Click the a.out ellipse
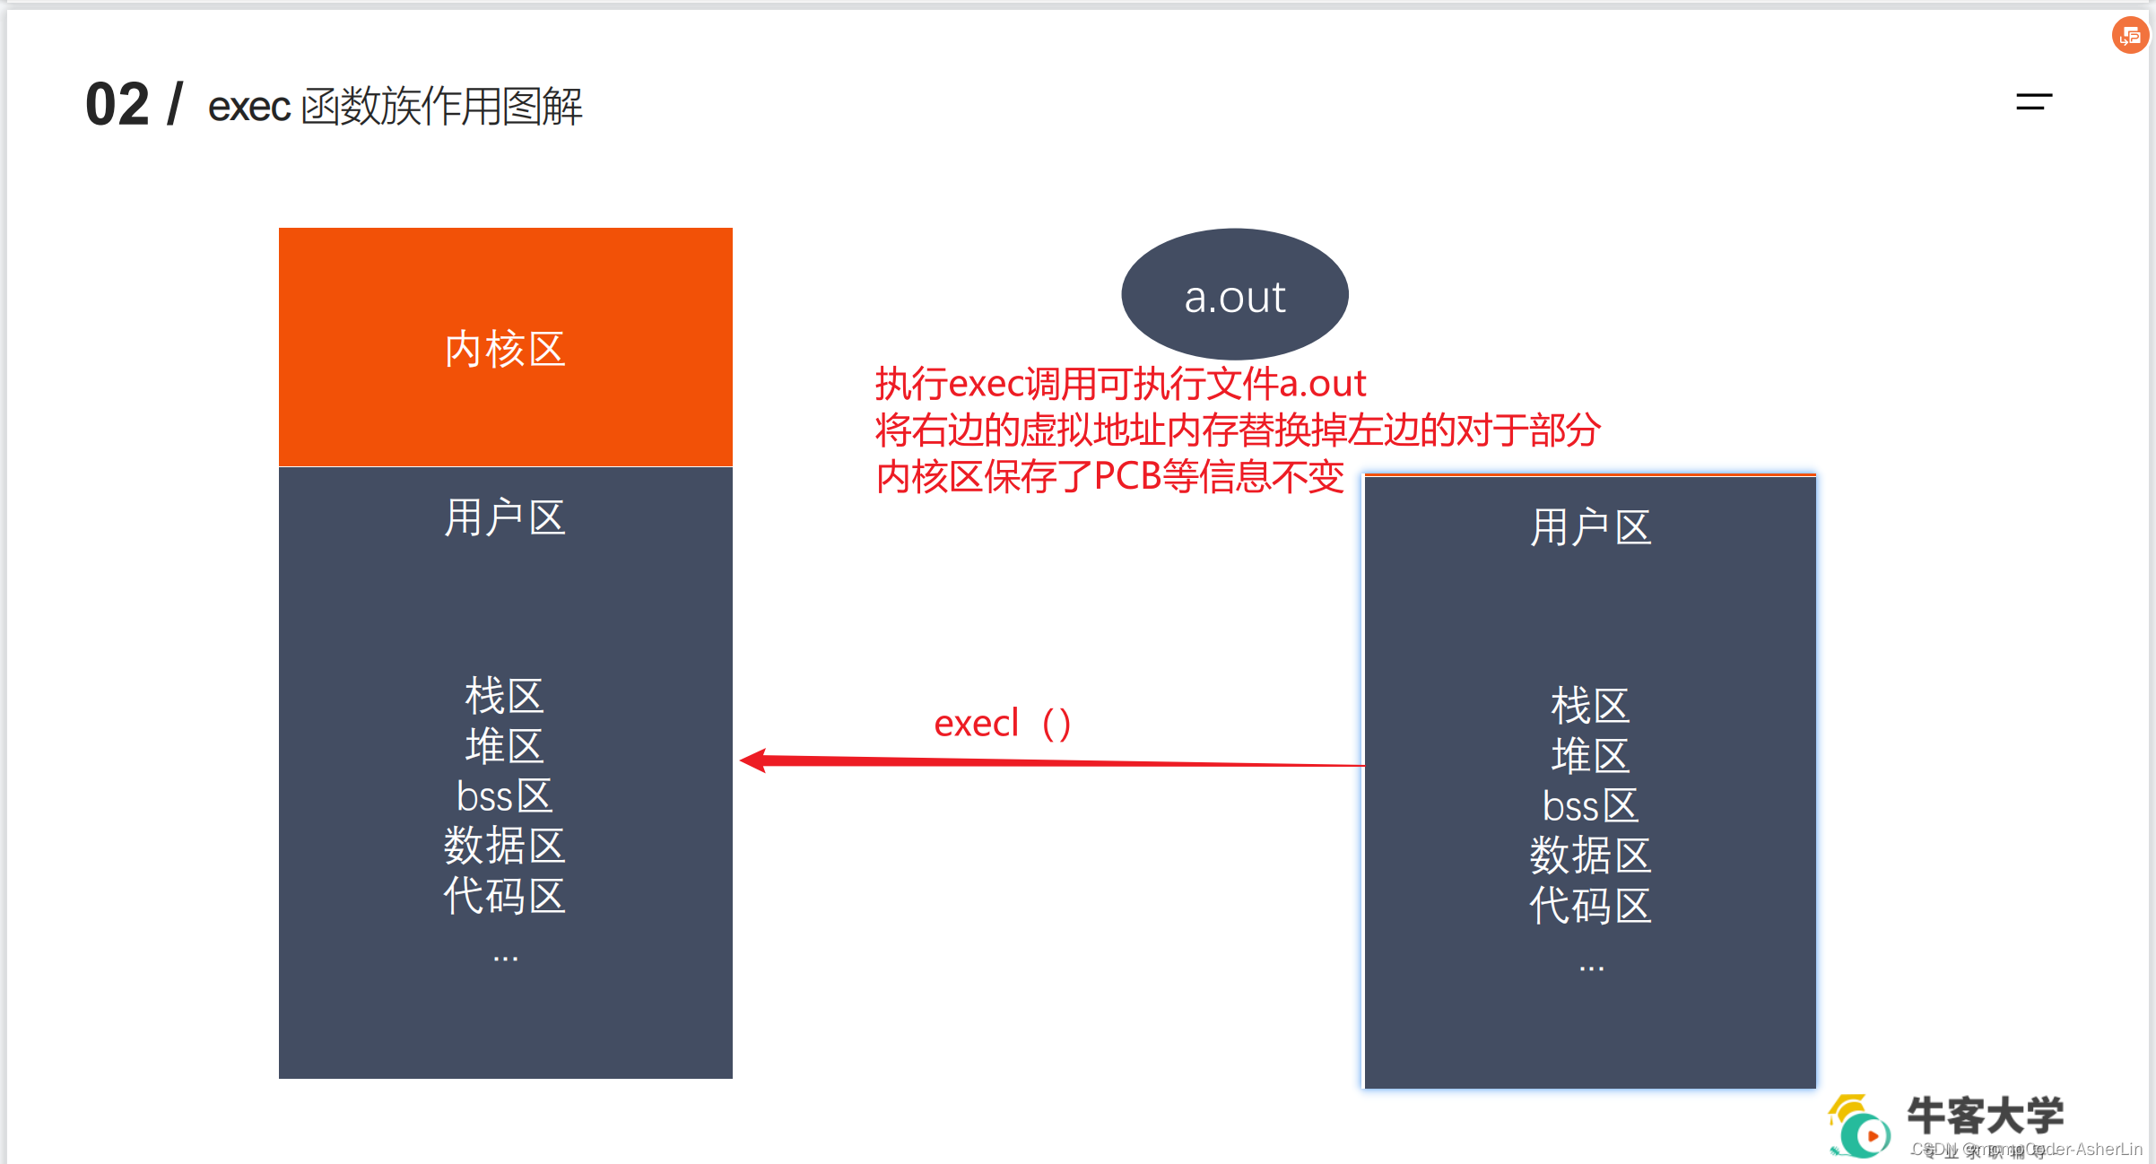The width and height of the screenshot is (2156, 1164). (1234, 294)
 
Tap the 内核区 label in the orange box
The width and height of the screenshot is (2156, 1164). (505, 349)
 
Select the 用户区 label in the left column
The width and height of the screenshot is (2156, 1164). (505, 517)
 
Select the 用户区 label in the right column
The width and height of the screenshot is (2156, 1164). (1590, 527)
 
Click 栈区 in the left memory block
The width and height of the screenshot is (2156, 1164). (505, 696)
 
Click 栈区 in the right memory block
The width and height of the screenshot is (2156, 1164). (1590, 706)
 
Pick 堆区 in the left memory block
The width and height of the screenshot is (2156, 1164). (505, 746)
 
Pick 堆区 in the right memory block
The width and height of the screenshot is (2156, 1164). (1590, 756)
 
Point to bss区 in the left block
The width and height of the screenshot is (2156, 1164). (505, 796)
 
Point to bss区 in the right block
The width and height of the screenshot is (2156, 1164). (1590, 806)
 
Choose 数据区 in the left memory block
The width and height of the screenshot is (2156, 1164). (505, 846)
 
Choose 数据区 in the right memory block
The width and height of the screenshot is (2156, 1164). (1590, 856)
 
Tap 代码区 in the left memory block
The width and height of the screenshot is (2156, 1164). (505, 896)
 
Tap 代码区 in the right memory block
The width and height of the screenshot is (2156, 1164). (1590, 906)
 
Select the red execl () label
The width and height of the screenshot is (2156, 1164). (1003, 724)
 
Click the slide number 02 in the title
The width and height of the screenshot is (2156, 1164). (117, 105)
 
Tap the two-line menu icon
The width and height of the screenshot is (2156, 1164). (2033, 102)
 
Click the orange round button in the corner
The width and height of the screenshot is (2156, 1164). (2130, 36)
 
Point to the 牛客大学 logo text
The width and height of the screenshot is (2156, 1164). (1985, 1116)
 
